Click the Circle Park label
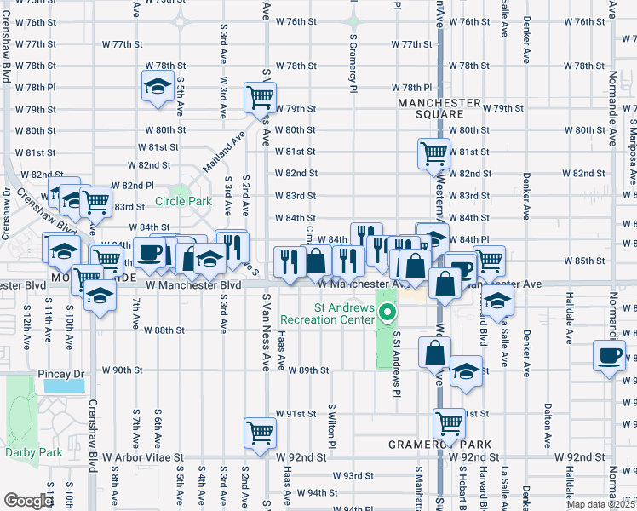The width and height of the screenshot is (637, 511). (182, 202)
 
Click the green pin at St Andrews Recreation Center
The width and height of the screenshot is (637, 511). (388, 313)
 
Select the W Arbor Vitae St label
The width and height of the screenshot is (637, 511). (142, 457)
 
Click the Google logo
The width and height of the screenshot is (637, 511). (27, 501)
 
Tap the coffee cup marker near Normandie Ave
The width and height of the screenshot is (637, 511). (610, 356)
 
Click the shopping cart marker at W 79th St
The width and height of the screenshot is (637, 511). (260, 96)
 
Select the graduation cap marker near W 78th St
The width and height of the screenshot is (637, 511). (157, 87)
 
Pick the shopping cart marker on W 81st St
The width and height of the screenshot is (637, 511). (433, 153)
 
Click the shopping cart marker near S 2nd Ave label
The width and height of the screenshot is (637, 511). (260, 432)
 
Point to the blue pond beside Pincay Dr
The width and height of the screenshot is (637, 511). (62, 386)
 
